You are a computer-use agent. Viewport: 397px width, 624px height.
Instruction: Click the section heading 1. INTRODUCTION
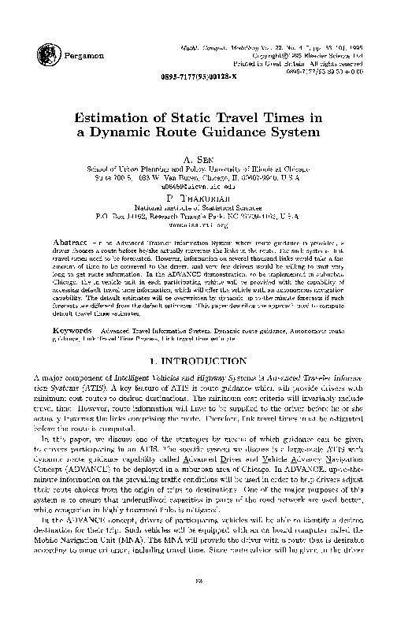tap(198, 339)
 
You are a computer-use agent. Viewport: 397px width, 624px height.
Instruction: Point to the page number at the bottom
tap(198, 603)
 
